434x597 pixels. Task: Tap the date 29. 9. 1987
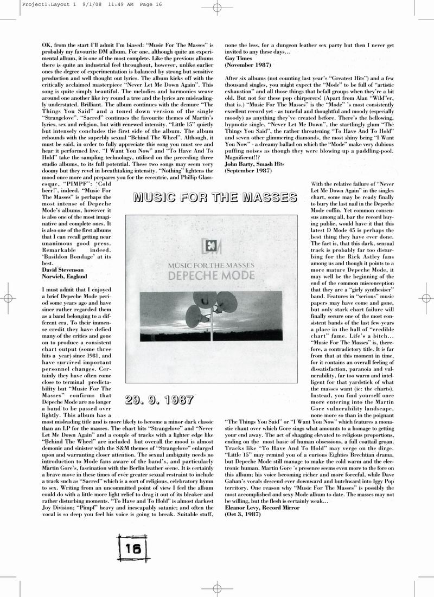[x=159, y=401]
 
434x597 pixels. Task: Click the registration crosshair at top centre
[x=216, y=8]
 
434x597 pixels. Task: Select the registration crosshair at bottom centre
[x=216, y=589]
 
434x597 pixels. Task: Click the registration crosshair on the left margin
[x=8, y=298]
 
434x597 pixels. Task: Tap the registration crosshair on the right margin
[x=426, y=298]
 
